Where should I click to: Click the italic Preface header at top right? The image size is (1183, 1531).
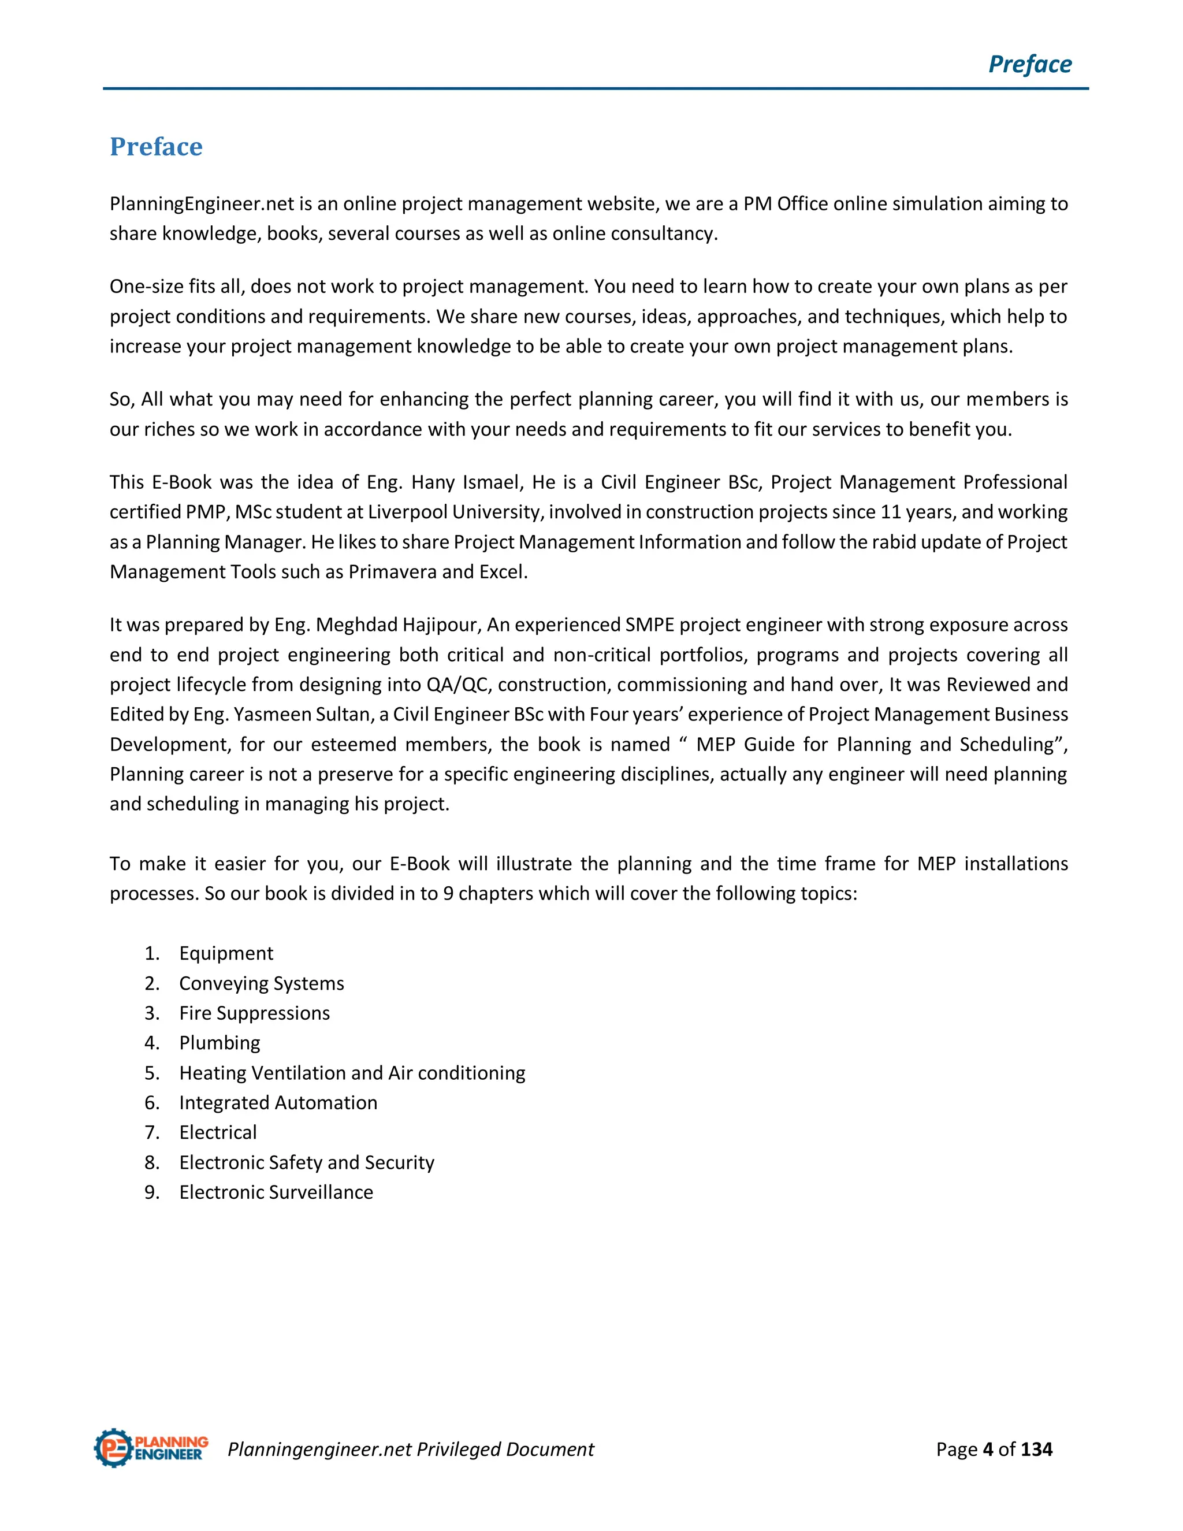1029,65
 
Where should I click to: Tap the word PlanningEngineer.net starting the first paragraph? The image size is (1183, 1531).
202,204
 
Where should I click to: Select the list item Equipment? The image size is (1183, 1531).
226,953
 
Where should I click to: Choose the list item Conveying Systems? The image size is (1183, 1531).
262,983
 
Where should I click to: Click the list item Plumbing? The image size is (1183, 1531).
220,1043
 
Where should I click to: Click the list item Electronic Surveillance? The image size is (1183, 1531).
276,1192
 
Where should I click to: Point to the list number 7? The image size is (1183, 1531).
151,1133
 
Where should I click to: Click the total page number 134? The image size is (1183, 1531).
1036,1449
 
